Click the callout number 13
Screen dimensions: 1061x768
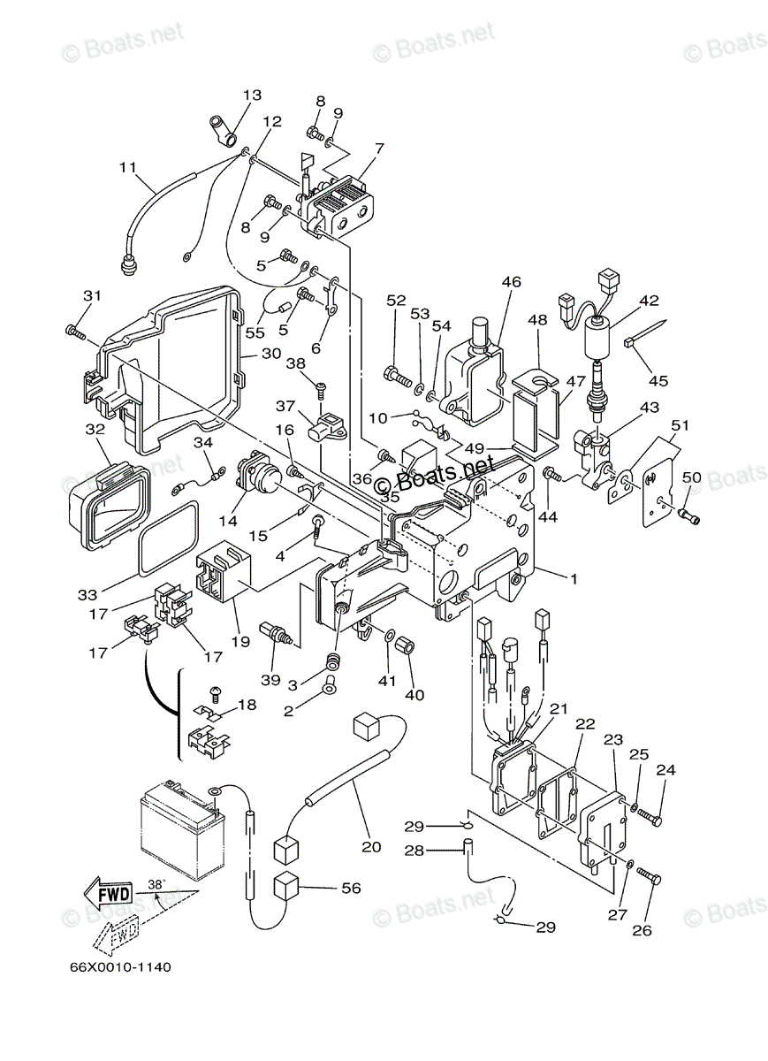(x=252, y=95)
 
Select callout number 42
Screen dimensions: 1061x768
(x=649, y=300)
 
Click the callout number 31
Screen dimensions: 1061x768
(x=93, y=295)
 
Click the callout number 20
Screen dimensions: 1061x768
(x=371, y=846)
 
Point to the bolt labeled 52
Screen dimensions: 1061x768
(x=399, y=377)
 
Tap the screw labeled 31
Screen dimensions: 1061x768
(x=74, y=332)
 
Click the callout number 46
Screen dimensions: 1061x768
(x=511, y=282)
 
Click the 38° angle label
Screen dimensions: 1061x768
(x=156, y=883)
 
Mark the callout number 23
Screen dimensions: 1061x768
(x=613, y=738)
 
